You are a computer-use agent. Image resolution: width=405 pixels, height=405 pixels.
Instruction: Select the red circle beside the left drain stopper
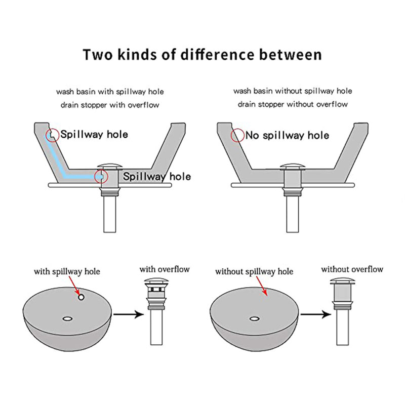[95, 177]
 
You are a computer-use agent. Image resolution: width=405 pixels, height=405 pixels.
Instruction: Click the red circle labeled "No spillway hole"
[231, 135]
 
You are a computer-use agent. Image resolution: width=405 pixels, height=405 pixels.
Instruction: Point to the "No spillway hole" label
[287, 135]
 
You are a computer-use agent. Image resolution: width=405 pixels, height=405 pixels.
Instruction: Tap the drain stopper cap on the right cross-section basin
[293, 167]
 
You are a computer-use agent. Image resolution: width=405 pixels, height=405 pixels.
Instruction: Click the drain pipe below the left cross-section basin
[110, 214]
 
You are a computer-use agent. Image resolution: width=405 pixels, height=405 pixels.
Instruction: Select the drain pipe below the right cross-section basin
[293, 214]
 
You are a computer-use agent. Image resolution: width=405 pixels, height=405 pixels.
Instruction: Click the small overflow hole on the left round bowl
[81, 297]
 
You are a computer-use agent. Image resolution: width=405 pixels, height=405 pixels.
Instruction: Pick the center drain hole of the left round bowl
[68, 319]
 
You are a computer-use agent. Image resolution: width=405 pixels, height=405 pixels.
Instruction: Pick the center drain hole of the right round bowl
[255, 319]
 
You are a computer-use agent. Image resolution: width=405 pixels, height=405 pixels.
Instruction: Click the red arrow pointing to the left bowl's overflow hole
[74, 286]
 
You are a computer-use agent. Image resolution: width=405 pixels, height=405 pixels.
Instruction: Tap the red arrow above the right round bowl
[261, 286]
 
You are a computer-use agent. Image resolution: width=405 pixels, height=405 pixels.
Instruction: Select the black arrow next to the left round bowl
[129, 314]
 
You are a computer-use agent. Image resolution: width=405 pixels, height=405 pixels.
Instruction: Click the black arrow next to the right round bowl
[316, 314]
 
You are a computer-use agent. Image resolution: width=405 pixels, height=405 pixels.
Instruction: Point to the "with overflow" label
[165, 269]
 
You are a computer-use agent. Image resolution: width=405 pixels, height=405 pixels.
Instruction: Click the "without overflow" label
[352, 269]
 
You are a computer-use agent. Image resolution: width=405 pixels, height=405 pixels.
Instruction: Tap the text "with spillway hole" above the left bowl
[67, 272]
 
